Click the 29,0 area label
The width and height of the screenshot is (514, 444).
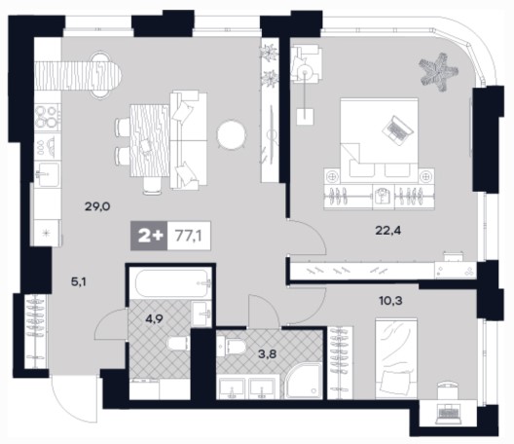coord(97,206)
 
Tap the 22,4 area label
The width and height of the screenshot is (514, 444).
coord(387,231)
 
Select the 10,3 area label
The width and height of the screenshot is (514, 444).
coord(390,300)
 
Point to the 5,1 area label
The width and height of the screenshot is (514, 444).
coord(79,281)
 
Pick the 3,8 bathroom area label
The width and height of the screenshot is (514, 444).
coord(268,353)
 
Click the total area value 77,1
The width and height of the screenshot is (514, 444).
coord(189,236)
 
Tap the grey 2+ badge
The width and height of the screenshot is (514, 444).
coord(149,236)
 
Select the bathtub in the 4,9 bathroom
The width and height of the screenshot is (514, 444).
coord(170,283)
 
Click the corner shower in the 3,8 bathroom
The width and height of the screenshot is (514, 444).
coord(304,381)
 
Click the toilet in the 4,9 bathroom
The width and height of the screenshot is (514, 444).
coord(179,344)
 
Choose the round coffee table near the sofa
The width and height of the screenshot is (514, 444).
coord(232,134)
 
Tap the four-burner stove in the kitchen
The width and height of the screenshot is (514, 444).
coord(48,117)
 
